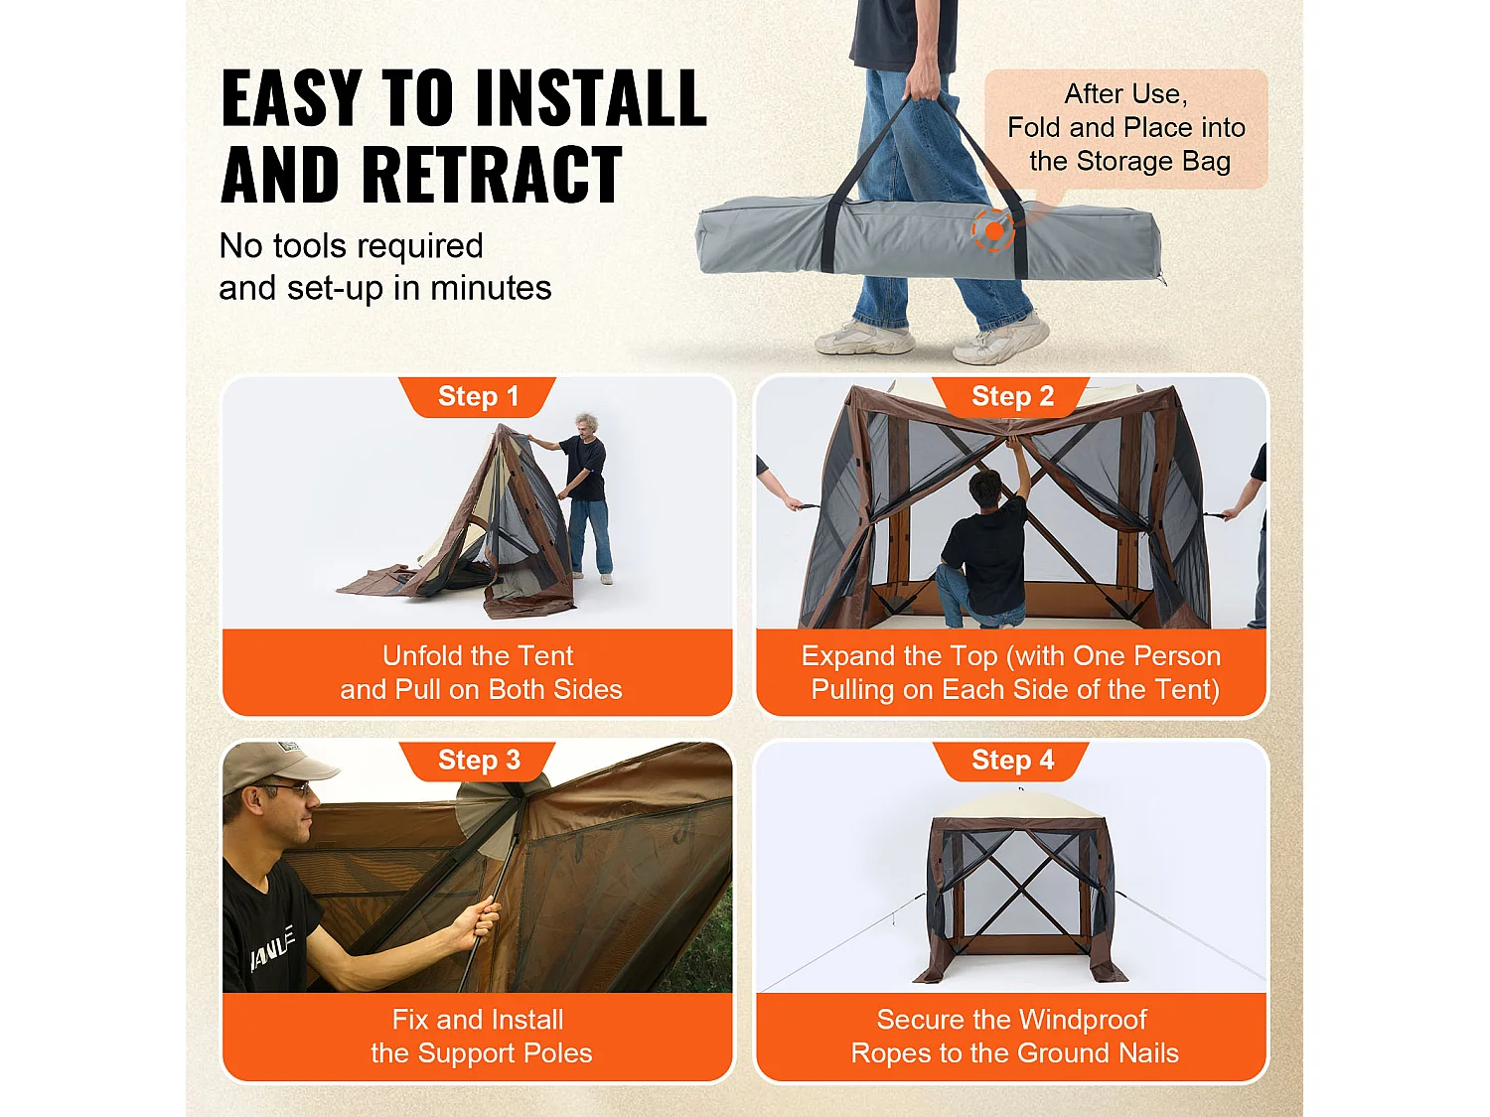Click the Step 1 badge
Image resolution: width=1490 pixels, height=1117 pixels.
tap(478, 397)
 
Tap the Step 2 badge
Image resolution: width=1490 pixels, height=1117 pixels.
tap(1011, 397)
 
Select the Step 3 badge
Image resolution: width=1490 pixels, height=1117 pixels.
tap(478, 761)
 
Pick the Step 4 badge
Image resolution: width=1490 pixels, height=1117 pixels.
tap(1011, 761)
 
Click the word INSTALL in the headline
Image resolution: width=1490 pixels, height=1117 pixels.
tap(591, 99)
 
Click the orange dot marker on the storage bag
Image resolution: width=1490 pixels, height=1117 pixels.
tap(993, 230)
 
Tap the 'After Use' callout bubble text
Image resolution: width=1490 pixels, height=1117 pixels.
tap(1126, 128)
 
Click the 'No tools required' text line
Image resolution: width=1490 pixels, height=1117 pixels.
tap(351, 245)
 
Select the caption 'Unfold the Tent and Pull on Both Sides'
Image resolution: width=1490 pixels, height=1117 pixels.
tap(479, 673)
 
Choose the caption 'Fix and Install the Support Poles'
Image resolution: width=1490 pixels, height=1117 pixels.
tap(480, 1037)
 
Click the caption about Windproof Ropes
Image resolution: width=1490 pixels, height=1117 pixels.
tap(1013, 1037)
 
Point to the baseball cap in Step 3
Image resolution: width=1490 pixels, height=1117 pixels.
tap(277, 767)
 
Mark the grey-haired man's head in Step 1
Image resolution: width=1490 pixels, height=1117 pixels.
tap(586, 429)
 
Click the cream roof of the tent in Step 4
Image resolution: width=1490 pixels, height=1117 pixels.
tap(1019, 805)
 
